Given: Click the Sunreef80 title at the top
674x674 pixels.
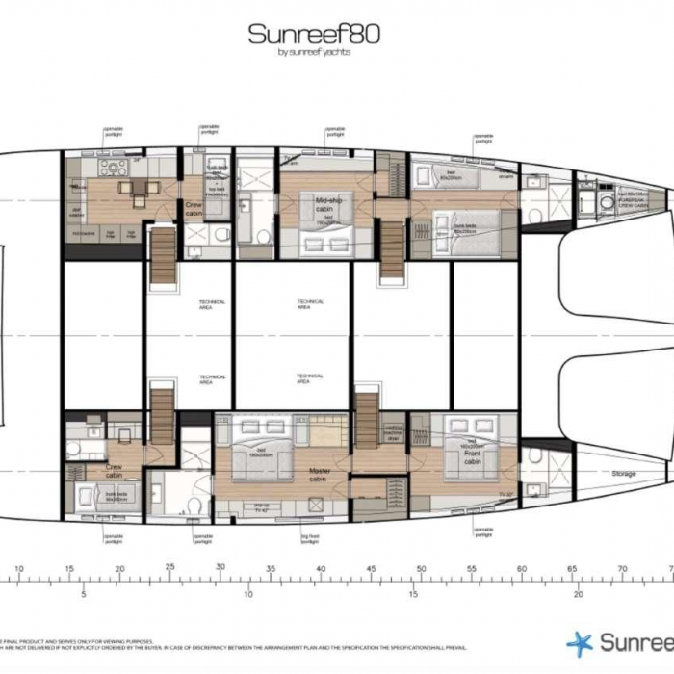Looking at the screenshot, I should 314,34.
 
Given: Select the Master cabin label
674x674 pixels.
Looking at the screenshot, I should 320,472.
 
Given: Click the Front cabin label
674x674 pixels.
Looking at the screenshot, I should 472,458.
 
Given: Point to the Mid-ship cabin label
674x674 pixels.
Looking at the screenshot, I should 328,205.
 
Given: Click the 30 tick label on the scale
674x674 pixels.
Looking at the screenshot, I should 220,568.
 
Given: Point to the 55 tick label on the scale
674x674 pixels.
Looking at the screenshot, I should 471,568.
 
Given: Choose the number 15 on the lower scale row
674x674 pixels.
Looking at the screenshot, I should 413,594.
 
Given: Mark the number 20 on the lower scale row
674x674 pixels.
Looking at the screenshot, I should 578,594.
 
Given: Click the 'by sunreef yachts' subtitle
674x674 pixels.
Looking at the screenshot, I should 314,52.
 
